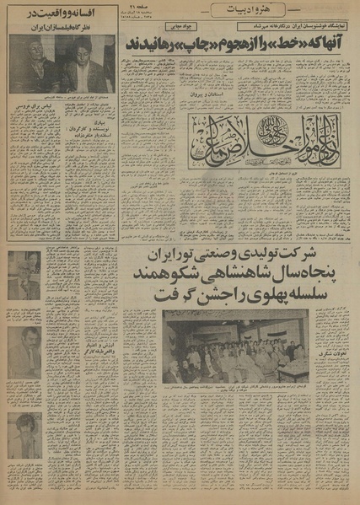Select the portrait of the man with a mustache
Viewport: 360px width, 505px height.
coord(25,352)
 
